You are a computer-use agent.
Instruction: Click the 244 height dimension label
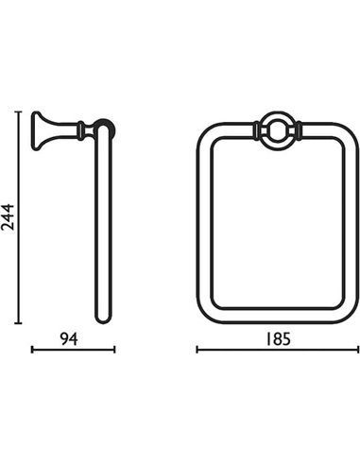(8, 217)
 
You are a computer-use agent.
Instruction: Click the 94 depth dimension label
(69, 339)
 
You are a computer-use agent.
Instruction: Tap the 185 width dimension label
(278, 339)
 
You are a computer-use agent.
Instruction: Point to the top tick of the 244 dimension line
(19, 112)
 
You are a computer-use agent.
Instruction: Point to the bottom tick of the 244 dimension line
(19, 323)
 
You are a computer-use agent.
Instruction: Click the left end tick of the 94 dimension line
(32, 350)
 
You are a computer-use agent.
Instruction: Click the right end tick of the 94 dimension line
(115, 350)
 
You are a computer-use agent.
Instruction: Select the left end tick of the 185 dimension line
(197, 350)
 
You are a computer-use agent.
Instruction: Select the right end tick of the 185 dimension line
(358, 350)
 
